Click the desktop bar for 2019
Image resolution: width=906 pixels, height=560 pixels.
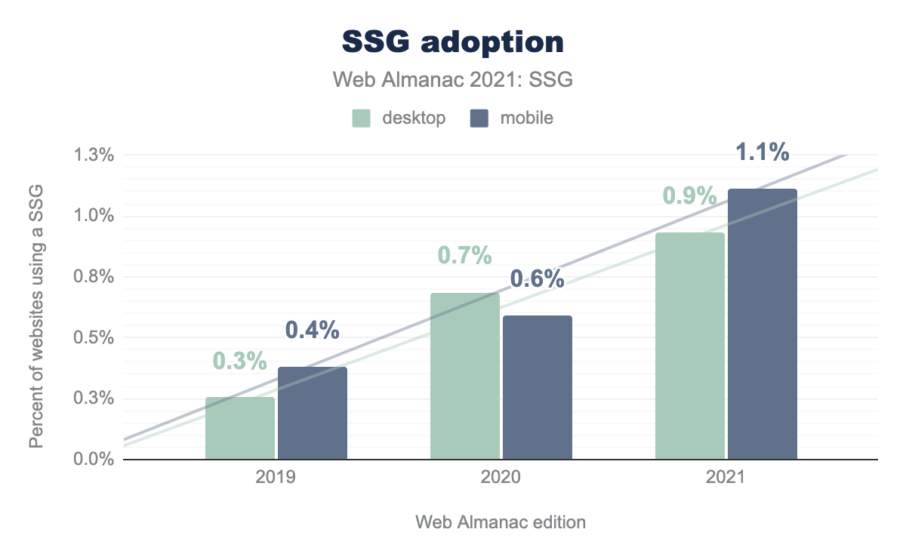[240, 428]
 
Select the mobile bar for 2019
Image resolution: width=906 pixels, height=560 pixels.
[313, 413]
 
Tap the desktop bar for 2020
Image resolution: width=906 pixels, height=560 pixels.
[465, 376]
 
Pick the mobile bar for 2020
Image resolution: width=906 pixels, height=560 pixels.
[538, 387]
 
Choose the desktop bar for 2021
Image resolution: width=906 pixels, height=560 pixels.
[690, 346]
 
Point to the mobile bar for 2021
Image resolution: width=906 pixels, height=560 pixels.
[763, 324]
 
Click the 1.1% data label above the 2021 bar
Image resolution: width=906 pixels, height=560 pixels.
[763, 152]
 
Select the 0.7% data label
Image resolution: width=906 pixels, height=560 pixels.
[465, 255]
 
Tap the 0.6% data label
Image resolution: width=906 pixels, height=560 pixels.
[538, 278]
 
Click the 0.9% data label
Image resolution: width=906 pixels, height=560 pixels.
[690, 195]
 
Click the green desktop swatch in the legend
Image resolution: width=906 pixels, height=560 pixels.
[362, 118]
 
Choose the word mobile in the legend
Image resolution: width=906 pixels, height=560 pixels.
[526, 118]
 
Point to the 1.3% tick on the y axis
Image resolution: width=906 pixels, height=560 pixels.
[94, 155]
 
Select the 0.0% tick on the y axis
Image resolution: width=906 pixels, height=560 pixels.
[94, 459]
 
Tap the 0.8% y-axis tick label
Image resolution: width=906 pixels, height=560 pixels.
[94, 277]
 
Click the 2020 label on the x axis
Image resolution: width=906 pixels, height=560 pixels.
[501, 478]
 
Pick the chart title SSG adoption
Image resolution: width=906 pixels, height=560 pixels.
[453, 43]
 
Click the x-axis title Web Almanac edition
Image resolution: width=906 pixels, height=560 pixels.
[501, 522]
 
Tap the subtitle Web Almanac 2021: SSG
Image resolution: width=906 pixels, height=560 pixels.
[453, 80]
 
